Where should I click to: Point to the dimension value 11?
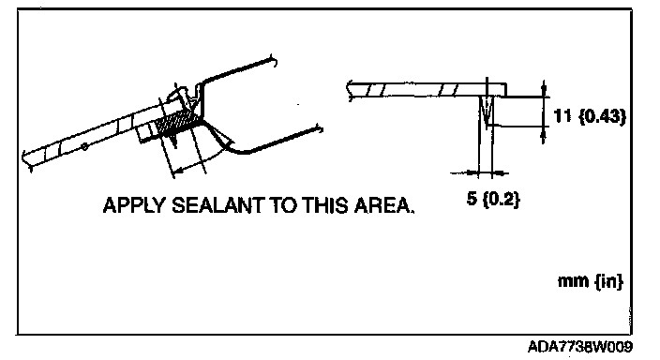click(x=563, y=116)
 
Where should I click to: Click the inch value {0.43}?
click(x=603, y=116)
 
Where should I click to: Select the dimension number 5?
click(x=472, y=198)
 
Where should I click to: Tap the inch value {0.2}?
click(x=501, y=199)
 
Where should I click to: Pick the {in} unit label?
click(x=608, y=281)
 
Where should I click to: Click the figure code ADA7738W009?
click(x=580, y=347)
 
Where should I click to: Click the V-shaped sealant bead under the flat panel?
click(x=487, y=112)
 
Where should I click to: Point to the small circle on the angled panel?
click(x=84, y=146)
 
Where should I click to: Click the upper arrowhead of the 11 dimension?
click(x=544, y=89)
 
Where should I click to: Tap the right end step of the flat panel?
click(x=505, y=90)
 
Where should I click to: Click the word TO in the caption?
click(x=283, y=205)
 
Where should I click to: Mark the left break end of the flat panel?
click(x=349, y=91)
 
